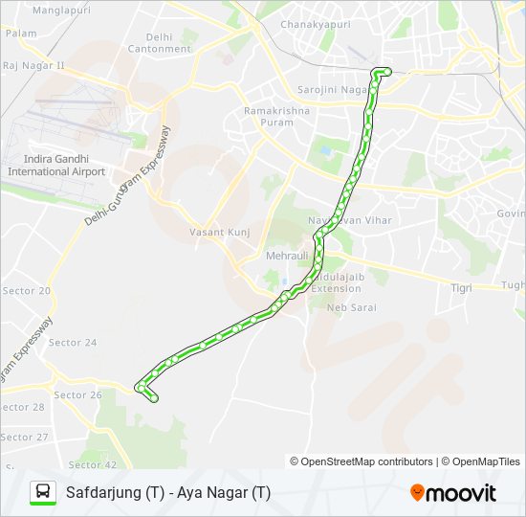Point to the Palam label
pyautogui.click(x=21, y=33)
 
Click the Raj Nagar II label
pyautogui.click(x=33, y=66)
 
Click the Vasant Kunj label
pyautogui.click(x=220, y=233)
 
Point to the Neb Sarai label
pyautogui.click(x=351, y=307)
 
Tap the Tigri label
pyautogui.click(x=462, y=286)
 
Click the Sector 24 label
pyautogui.click(x=73, y=343)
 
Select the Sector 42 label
pyautogui.click(x=92, y=464)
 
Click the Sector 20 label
pyautogui.click(x=27, y=291)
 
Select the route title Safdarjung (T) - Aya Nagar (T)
pyautogui.click(x=168, y=493)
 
